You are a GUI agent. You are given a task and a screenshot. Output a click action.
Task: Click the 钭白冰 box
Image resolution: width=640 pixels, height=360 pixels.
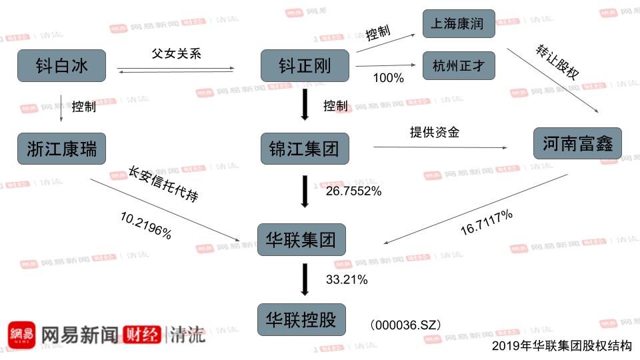(x=61, y=65)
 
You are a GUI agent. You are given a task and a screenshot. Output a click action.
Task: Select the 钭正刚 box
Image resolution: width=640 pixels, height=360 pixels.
(x=304, y=65)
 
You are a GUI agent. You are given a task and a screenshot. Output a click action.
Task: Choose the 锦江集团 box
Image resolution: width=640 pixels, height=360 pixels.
(x=304, y=148)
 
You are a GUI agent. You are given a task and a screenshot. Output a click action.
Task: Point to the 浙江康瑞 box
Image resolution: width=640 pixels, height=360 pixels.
(x=61, y=148)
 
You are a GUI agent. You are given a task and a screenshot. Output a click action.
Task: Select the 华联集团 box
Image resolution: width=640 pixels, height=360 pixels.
(x=302, y=239)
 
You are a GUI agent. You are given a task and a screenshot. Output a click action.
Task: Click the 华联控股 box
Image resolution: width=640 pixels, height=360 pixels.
(x=302, y=319)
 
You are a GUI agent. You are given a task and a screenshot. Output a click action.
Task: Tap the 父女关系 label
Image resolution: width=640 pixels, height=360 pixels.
(x=177, y=53)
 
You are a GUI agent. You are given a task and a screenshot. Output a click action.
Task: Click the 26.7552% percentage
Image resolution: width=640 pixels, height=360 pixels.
(x=353, y=191)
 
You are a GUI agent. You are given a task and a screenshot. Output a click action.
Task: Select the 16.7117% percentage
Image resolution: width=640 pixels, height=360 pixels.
(x=487, y=222)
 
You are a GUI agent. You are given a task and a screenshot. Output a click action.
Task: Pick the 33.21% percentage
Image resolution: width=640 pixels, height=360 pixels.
(x=347, y=280)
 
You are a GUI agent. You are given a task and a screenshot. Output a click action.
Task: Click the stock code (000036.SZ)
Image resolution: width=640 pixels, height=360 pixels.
(x=405, y=325)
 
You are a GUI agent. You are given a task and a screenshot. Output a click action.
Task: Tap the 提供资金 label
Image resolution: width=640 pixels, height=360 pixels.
(x=434, y=132)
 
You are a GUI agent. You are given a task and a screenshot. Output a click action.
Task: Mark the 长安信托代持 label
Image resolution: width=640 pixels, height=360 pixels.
(x=163, y=183)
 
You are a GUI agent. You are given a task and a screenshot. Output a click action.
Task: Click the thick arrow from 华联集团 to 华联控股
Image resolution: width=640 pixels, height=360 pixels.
(x=305, y=279)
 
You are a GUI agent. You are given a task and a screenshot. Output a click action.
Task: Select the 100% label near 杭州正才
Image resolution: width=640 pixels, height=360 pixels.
(x=389, y=78)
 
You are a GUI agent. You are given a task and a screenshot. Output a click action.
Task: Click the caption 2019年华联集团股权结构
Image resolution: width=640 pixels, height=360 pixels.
(x=561, y=346)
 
